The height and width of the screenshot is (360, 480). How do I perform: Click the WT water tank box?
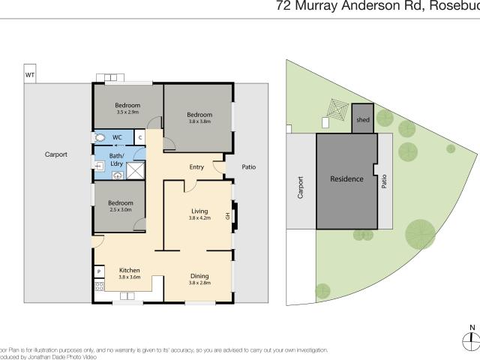pyautogui.click(x=30, y=76)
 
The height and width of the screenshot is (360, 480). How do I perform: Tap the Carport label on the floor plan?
pyautogui.click(x=56, y=154)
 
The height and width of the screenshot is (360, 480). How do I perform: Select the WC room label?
pyautogui.click(x=118, y=137)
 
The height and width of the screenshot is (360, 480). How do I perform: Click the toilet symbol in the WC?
pyautogui.click(x=100, y=138)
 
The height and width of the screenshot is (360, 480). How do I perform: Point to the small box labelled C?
pyautogui.click(x=139, y=137)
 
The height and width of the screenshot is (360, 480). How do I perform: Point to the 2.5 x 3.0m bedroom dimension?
pyautogui.click(x=120, y=209)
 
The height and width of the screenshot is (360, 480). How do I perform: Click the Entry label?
pyautogui.click(x=197, y=167)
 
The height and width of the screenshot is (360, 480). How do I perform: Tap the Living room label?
pyautogui.click(x=199, y=212)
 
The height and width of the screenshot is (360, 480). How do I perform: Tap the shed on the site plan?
pyautogui.click(x=363, y=119)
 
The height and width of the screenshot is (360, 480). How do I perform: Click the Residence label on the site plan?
pyautogui.click(x=346, y=179)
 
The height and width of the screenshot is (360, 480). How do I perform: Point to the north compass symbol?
pyautogui.click(x=470, y=339)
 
